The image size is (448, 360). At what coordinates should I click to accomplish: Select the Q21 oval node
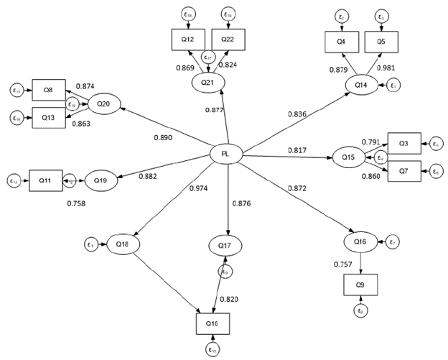(x=209, y=83)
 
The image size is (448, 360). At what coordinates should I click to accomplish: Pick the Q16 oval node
(x=360, y=242)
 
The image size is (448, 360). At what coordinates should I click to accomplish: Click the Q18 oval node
(x=122, y=244)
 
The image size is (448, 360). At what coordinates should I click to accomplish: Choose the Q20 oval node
(x=103, y=105)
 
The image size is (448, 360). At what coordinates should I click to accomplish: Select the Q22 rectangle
(x=228, y=40)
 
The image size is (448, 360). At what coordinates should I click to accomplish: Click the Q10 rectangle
(x=213, y=324)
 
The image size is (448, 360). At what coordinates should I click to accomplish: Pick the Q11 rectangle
(x=45, y=180)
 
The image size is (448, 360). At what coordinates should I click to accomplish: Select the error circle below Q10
(x=213, y=350)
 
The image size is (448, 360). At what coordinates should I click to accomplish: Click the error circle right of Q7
(x=435, y=172)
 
